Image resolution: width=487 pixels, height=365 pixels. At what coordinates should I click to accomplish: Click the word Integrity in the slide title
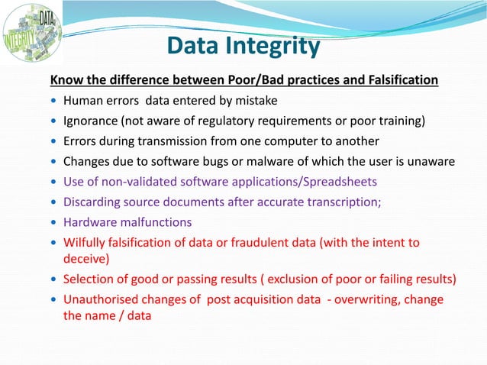[271, 47]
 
